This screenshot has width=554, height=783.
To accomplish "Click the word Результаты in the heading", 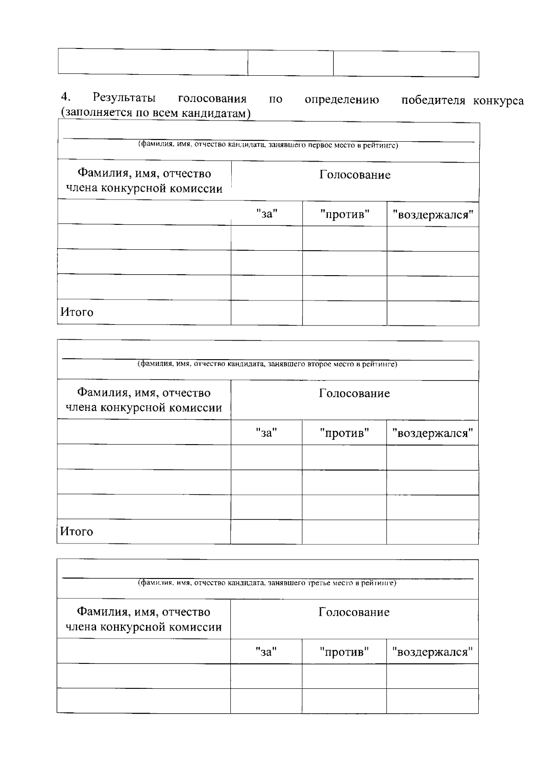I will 124,98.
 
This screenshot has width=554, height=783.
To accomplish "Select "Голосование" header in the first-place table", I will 355,175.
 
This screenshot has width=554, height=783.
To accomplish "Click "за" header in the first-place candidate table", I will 266,214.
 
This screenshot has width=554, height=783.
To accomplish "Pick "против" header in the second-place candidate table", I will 344,433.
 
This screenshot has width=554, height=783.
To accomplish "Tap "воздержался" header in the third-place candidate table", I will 432,652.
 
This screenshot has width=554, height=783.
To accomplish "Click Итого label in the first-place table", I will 77,313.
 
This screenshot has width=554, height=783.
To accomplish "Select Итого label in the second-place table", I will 77,532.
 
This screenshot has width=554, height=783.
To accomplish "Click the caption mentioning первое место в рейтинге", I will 268,145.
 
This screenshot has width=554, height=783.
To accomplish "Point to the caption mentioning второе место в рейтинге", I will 267,364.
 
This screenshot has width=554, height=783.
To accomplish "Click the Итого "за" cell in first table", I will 266,313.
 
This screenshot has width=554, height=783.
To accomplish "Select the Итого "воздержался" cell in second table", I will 432,532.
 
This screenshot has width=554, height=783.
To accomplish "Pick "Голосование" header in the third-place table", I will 354,612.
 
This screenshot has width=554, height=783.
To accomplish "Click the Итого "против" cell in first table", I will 344,313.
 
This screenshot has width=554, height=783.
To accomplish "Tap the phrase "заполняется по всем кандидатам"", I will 156,113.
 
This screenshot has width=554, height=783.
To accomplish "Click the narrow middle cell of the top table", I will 290,63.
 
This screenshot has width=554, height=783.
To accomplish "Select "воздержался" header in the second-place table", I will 432,433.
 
